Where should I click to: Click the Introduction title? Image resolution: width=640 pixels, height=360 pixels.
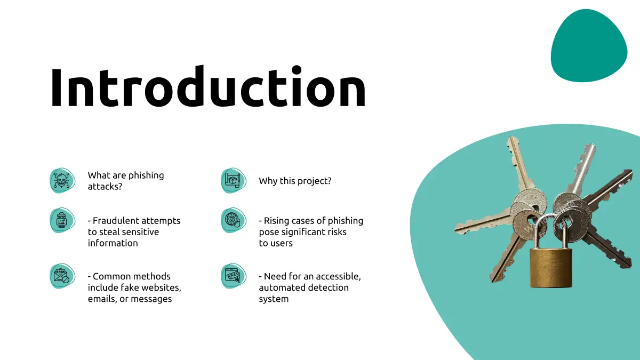point(208,86)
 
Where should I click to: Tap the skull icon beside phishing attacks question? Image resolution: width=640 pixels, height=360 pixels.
point(62,181)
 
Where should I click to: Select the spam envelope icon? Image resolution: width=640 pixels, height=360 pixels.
point(62,276)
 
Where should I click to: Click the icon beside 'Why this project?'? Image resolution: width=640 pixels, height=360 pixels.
point(234,181)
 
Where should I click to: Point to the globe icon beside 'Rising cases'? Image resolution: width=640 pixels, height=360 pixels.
point(234,220)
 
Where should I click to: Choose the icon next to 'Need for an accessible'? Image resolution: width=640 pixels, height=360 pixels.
point(234,276)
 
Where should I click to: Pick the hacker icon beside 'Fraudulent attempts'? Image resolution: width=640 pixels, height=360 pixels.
point(62,220)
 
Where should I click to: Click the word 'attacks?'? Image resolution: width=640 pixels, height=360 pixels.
point(105,187)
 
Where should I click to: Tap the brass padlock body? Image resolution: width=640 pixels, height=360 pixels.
point(551,268)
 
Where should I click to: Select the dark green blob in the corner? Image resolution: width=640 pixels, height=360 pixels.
point(589,46)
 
